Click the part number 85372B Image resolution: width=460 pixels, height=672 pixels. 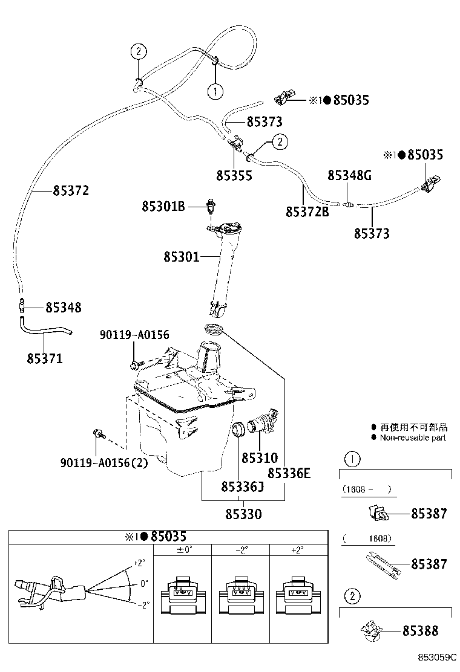tap(307, 212)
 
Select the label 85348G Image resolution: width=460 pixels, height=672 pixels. tap(349, 175)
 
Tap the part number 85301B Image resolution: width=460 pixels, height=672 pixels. tap(163, 207)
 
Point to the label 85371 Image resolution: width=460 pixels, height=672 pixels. tap(45, 358)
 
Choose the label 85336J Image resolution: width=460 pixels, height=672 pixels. tap(243, 486)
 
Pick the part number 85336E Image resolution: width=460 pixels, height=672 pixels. tap(289, 473)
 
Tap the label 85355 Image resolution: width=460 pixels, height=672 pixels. tap(234, 175)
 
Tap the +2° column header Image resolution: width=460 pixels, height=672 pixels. tap(297, 549)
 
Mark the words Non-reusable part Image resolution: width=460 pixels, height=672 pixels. tap(413, 438)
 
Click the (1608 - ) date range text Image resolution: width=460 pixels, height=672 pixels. tap(367, 489)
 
